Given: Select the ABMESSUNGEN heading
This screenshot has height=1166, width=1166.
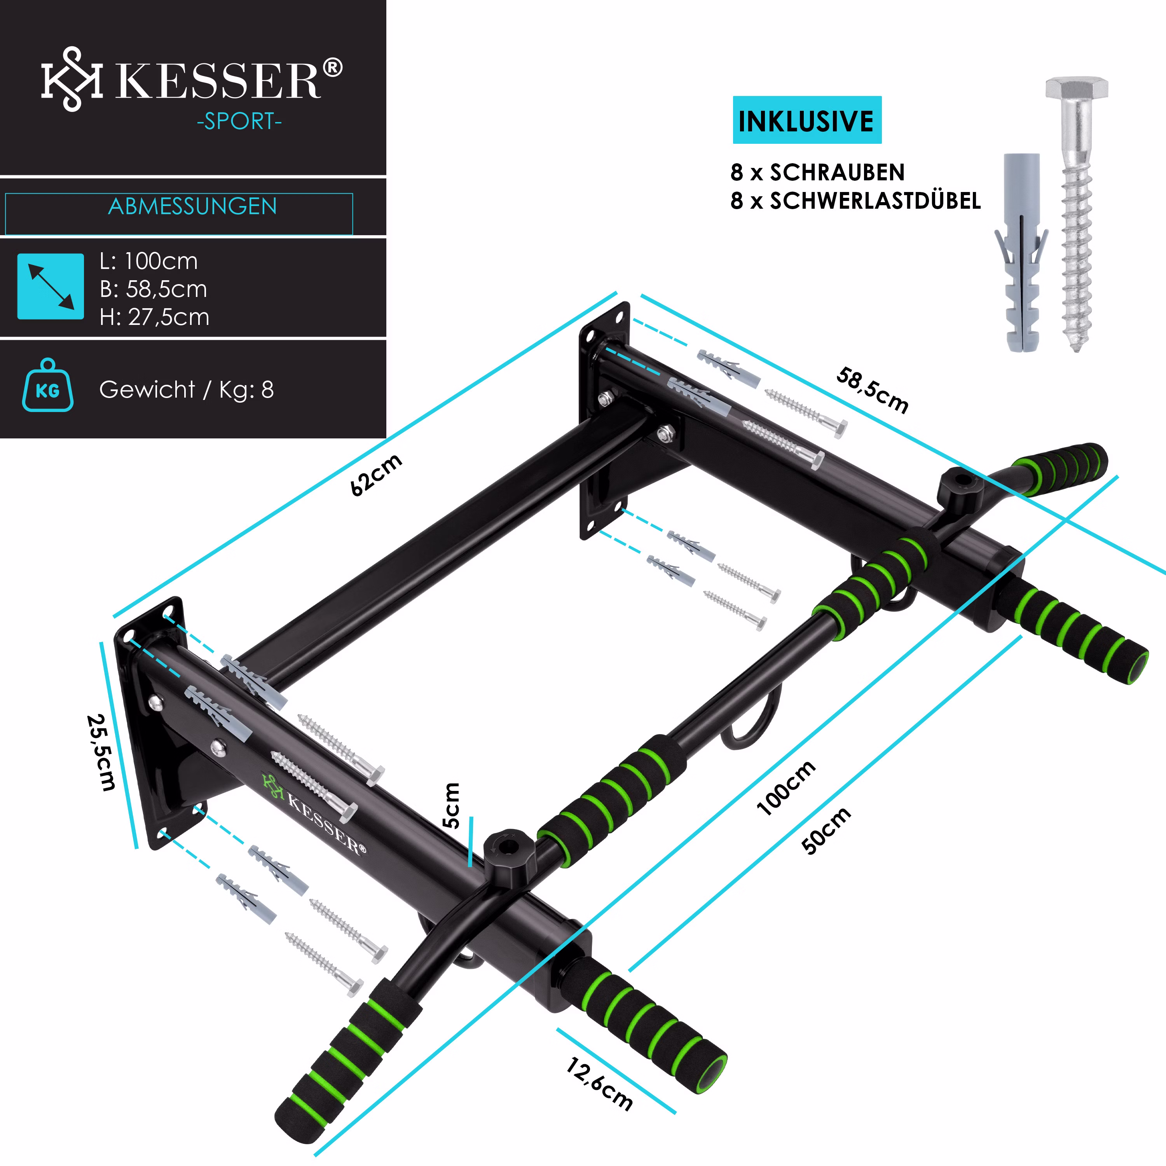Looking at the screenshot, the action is click(x=192, y=206).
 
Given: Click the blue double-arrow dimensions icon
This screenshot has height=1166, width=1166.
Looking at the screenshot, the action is click(x=51, y=286).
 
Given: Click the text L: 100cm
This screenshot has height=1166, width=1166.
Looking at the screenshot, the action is click(x=148, y=261).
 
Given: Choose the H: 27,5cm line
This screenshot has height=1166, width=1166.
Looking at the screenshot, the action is click(x=155, y=317).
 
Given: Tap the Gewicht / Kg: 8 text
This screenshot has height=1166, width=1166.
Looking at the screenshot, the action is click(x=187, y=389).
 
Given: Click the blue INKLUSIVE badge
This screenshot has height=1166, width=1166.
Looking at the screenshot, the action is click(x=807, y=120).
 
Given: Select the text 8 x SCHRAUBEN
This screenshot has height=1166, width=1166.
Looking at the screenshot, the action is click(x=817, y=173).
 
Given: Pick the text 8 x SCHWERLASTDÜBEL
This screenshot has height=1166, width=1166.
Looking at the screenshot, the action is click(x=855, y=201).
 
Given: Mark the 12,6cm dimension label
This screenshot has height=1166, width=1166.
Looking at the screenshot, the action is click(x=599, y=1084).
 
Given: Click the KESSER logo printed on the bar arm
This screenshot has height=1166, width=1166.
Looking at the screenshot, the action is click(x=314, y=812).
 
